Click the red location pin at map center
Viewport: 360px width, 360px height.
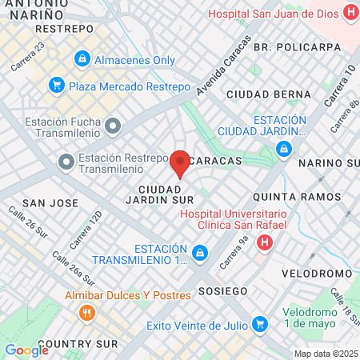coord(180,163)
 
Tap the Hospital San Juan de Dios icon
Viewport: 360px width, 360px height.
coord(349,14)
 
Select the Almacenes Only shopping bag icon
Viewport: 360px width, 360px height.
coord(82,59)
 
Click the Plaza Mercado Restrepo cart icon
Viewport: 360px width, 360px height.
coord(56,85)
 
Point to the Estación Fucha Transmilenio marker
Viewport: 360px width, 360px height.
coord(113,126)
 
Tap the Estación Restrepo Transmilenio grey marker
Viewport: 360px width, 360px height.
coord(65,162)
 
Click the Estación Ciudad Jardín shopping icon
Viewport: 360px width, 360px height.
coord(284,149)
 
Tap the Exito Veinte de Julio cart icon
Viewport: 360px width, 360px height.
coord(259,324)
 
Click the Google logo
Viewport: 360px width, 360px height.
coord(26,350)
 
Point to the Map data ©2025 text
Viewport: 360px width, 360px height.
coord(326,354)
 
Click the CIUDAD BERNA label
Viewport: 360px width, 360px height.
coord(268,94)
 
